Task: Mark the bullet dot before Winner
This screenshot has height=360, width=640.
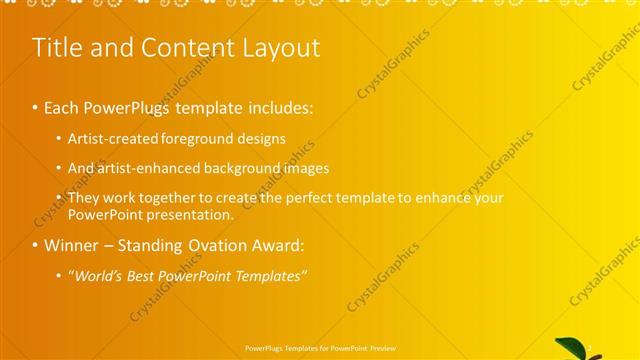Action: tap(36, 246)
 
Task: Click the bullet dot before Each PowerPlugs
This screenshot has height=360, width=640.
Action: tap(36, 107)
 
